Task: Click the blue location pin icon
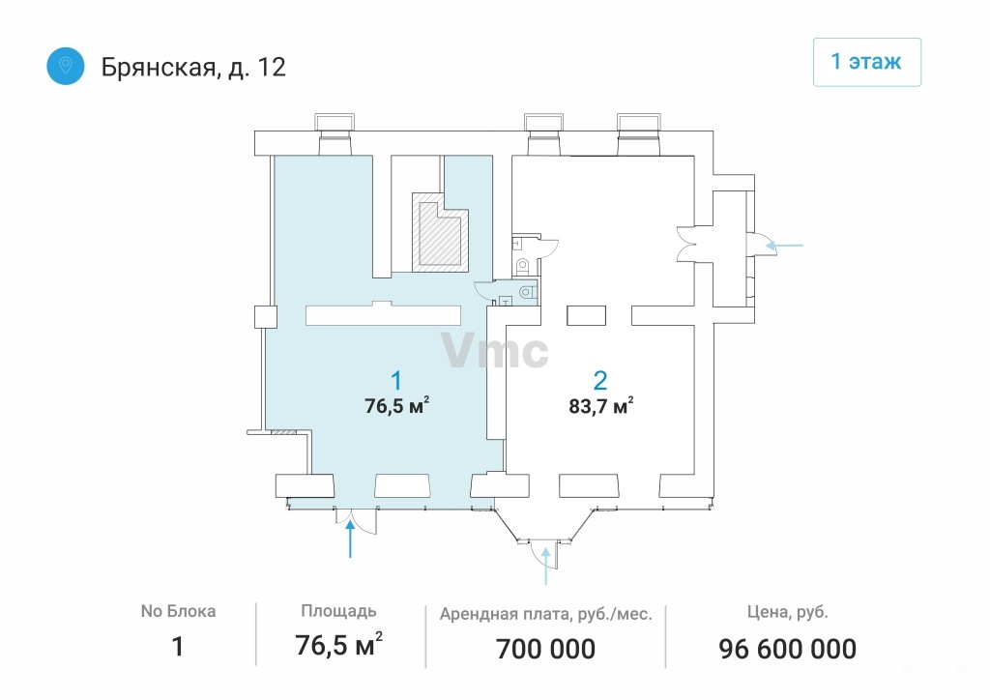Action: [66, 66]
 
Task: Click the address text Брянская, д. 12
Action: [193, 67]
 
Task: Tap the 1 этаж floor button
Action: [866, 62]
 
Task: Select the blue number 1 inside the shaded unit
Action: [395, 381]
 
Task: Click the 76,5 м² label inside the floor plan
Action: [397, 404]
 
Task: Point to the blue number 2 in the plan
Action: [599, 381]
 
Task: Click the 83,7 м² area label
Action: [601, 405]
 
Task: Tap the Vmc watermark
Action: [495, 350]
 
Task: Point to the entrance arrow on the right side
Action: [783, 245]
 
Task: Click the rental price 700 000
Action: [545, 649]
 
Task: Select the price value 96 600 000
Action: [787, 649]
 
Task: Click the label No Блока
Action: [178, 611]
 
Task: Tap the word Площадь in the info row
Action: [338, 611]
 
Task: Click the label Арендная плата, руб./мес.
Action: [545, 614]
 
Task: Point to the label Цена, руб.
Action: [787, 612]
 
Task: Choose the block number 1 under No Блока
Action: [178, 647]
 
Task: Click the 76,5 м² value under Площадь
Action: [339, 645]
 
